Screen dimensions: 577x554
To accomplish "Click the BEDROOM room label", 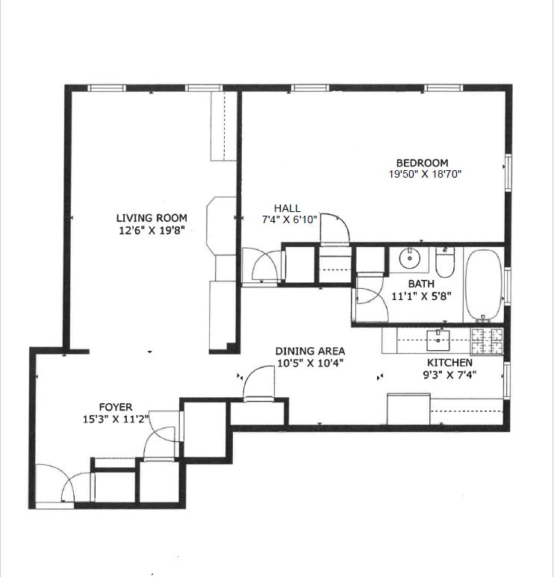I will (422, 163).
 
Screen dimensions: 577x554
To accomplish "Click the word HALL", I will (287, 208).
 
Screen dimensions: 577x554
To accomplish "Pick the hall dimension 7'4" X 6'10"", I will (289, 219).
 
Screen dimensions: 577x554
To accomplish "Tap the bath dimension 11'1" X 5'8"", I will (421, 296).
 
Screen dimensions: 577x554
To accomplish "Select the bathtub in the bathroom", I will (485, 284).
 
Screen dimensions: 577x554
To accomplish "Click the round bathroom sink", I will (409, 259).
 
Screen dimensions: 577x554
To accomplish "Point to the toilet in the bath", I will (444, 262).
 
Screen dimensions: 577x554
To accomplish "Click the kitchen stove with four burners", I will (488, 341).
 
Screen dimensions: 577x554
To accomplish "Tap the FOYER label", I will (115, 407).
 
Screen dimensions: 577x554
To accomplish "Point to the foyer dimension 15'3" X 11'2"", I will (115, 418).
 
